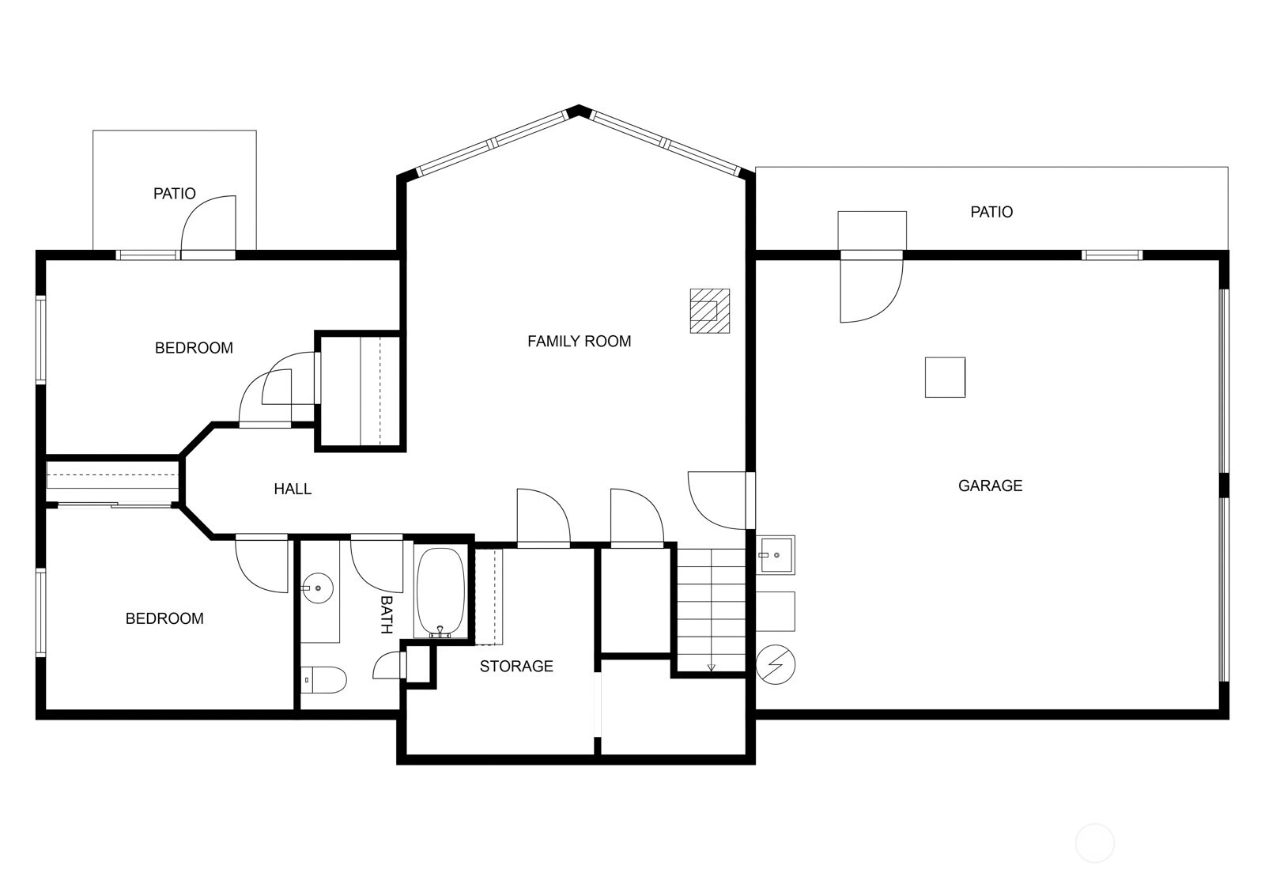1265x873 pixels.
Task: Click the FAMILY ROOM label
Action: (579, 341)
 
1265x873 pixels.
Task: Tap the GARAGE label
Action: (990, 486)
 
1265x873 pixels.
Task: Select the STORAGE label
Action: (516, 667)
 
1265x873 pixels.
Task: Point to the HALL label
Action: (293, 489)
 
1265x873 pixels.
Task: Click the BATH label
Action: (387, 614)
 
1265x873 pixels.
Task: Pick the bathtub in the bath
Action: (440, 592)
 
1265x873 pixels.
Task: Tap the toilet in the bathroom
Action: (323, 680)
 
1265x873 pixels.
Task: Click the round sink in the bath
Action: (317, 588)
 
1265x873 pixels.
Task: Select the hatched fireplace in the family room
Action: (709, 311)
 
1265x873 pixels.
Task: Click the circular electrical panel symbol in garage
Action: (776, 664)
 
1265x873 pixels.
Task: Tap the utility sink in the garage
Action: (776, 555)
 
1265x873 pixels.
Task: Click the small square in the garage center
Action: (945, 377)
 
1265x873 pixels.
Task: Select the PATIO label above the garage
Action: (991, 213)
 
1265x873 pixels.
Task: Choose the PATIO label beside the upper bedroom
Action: (175, 194)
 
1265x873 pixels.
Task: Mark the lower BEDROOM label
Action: (164, 619)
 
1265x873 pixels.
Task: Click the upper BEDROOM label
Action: (194, 348)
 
